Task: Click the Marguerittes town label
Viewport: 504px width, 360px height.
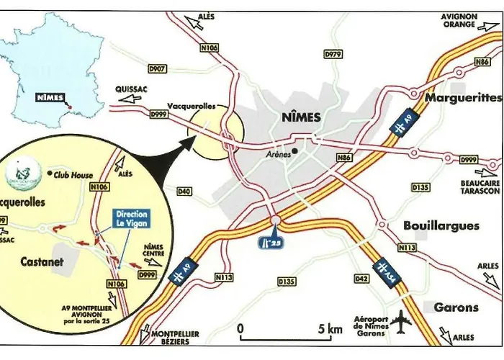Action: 463,96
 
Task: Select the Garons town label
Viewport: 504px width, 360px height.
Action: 456,307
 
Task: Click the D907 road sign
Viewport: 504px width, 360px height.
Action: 157,69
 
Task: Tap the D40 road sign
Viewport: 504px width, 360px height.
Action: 184,192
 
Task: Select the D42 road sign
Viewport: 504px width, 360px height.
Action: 361,277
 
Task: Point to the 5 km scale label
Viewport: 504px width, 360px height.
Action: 330,329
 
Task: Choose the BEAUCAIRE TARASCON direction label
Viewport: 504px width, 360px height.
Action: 480,187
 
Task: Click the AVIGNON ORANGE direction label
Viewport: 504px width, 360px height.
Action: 459,20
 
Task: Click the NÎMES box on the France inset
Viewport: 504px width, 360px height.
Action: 50,98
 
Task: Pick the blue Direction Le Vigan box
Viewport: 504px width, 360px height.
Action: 132,219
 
